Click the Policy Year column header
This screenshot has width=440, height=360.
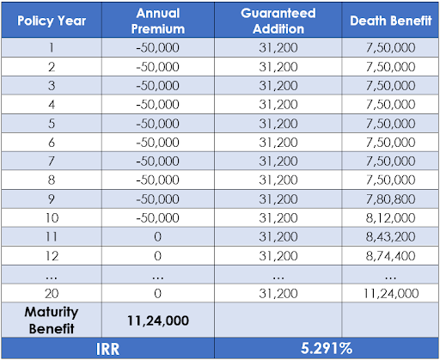pyautogui.click(x=52, y=21)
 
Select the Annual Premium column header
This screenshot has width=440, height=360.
pyautogui.click(x=158, y=21)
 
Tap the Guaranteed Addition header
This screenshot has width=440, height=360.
pyautogui.click(x=278, y=21)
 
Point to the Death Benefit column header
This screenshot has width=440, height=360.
pyautogui.click(x=391, y=21)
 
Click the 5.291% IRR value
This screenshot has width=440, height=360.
pyautogui.click(x=327, y=348)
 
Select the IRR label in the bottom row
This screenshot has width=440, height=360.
pyautogui.click(x=107, y=349)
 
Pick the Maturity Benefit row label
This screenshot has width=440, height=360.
pyautogui.click(x=52, y=320)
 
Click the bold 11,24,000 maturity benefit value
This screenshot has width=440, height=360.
pyautogui.click(x=158, y=320)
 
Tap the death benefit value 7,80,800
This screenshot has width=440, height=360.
pyautogui.click(x=391, y=199)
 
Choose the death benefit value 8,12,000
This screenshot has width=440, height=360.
pyautogui.click(x=391, y=218)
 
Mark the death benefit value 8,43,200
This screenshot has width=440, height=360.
pyautogui.click(x=391, y=237)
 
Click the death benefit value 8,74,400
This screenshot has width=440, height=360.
pyautogui.click(x=391, y=256)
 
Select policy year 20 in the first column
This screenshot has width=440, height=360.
pyautogui.click(x=52, y=293)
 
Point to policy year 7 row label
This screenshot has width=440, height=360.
pyautogui.click(x=52, y=161)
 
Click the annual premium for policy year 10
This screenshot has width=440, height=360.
pyautogui.click(x=158, y=218)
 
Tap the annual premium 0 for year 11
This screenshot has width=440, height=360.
pyautogui.click(x=158, y=237)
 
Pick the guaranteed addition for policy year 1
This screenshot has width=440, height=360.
pyautogui.click(x=278, y=47)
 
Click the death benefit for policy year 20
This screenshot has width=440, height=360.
pyautogui.click(x=391, y=293)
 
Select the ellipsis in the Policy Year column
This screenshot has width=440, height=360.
pyautogui.click(x=52, y=278)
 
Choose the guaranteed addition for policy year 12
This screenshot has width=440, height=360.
pyautogui.click(x=278, y=256)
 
